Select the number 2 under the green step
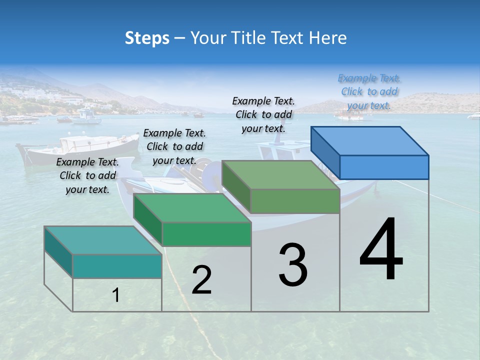pyautogui.click(x=201, y=280)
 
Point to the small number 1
pyautogui.click(x=115, y=295)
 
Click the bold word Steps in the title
pyautogui.click(x=147, y=38)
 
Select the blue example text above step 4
pyautogui.click(x=369, y=91)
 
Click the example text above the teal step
pyautogui.click(x=87, y=175)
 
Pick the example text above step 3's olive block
pyautogui.click(x=263, y=114)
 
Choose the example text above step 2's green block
pyautogui.click(x=174, y=146)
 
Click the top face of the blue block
pyautogui.click(x=369, y=140)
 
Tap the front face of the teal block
pyautogui.click(x=117, y=265)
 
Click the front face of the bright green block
pyautogui.click(x=206, y=233)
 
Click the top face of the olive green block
pyautogui.click(x=280, y=175)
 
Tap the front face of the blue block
pyautogui.click(x=384, y=167)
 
